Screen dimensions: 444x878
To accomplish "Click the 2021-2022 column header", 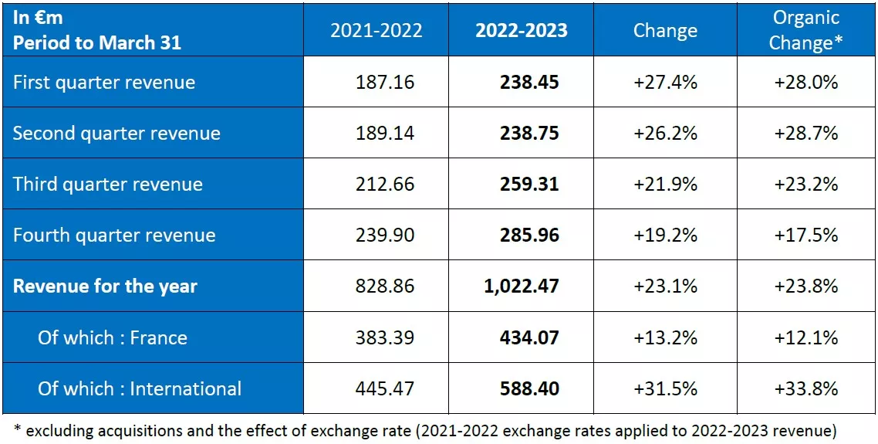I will click(x=376, y=30).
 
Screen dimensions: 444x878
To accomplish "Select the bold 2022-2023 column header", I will click(x=521, y=30).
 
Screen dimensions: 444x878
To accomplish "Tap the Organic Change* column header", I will click(x=806, y=30).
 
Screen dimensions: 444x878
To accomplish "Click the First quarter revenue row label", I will click(x=104, y=82).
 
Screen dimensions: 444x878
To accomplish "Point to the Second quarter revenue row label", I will click(x=117, y=133).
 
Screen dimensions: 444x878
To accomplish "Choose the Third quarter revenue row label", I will click(x=108, y=184).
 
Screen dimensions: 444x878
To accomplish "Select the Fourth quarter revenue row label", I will click(x=114, y=235).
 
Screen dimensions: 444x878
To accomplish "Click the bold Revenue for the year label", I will click(x=105, y=286).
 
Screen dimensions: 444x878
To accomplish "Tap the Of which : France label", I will click(x=113, y=337).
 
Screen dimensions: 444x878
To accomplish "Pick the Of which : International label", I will click(x=140, y=388).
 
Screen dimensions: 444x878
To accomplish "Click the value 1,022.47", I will click(x=521, y=286).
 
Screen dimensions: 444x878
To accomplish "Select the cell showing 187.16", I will click(x=385, y=82).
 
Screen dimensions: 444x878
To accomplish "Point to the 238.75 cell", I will click(x=528, y=133).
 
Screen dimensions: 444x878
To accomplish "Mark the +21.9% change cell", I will click(x=665, y=184).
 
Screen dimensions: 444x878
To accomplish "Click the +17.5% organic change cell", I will click(x=806, y=235).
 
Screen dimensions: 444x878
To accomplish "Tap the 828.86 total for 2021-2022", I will click(x=385, y=286).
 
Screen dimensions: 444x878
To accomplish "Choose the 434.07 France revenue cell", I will click(x=528, y=337).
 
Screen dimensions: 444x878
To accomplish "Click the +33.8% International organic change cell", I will click(x=806, y=388).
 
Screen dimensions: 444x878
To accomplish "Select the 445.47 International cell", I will click(x=385, y=388).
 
